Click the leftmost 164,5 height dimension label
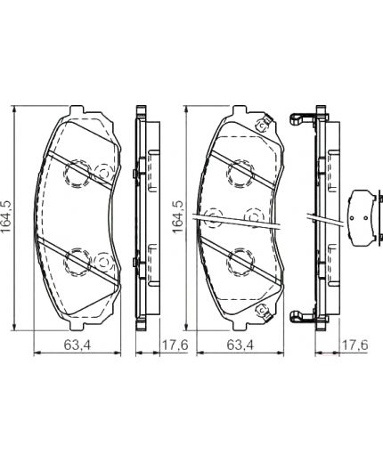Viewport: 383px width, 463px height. tap(8, 217)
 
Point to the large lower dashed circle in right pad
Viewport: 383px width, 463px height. tap(239, 260)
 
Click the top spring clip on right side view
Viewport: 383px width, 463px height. tap(304, 117)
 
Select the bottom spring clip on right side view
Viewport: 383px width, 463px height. tap(304, 316)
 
